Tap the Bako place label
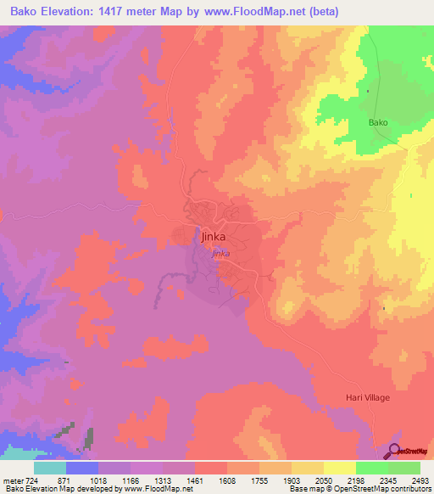(x=378, y=123)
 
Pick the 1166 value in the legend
(x=132, y=479)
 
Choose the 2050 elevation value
(x=324, y=479)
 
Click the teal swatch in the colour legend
(x=50, y=468)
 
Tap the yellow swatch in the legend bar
(x=339, y=468)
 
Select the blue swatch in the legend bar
(x=82, y=468)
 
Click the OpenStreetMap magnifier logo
(x=394, y=450)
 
